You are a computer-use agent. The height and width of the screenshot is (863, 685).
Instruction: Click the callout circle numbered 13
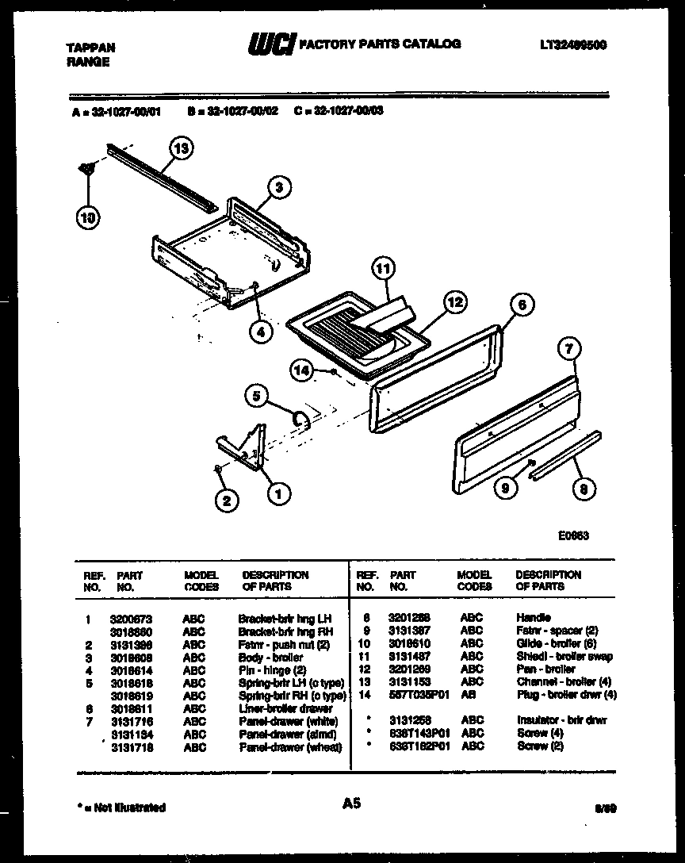[x=182, y=148]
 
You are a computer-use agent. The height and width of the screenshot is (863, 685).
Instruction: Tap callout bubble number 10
[x=87, y=217]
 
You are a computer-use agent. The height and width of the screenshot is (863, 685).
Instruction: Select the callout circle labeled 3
[x=277, y=187]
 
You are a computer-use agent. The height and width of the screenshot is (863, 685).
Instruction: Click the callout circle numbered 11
[x=384, y=270]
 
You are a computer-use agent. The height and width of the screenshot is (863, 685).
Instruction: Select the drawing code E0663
[x=573, y=535]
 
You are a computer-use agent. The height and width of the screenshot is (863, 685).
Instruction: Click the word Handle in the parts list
[x=533, y=617]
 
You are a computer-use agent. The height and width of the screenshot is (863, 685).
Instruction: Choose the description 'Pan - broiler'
[x=545, y=669]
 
